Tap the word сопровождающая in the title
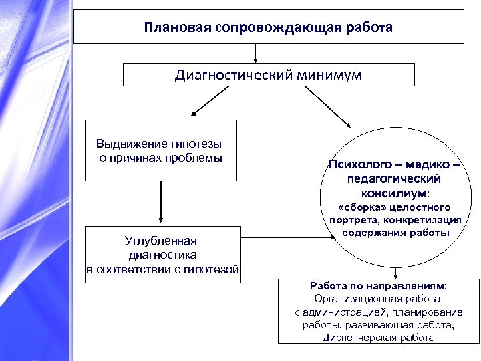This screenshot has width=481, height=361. pos(257,28)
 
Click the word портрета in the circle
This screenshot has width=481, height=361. pos(351,220)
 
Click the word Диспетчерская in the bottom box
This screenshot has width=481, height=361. pos(356,337)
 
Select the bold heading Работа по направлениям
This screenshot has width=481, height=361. pos(387,286)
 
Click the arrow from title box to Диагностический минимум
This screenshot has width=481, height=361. pos(255,53)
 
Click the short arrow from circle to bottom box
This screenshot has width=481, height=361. pos(397,271)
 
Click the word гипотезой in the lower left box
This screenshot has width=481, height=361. pos(214,269)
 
